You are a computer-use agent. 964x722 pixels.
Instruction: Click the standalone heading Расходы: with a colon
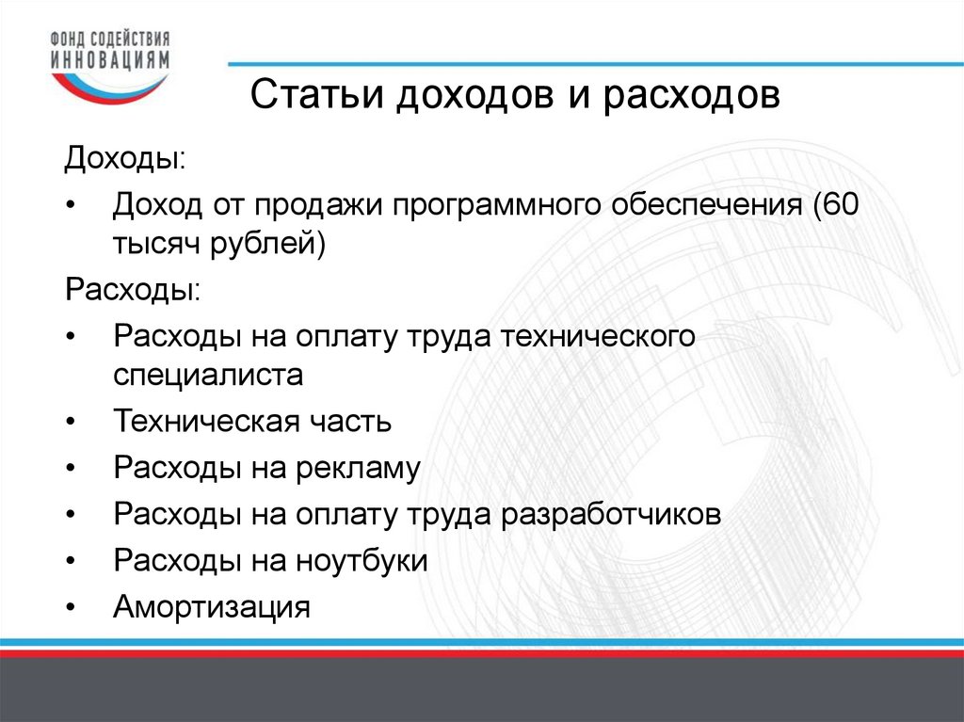pyautogui.click(x=132, y=290)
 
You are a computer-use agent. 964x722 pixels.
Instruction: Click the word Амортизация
pyautogui.click(x=212, y=607)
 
